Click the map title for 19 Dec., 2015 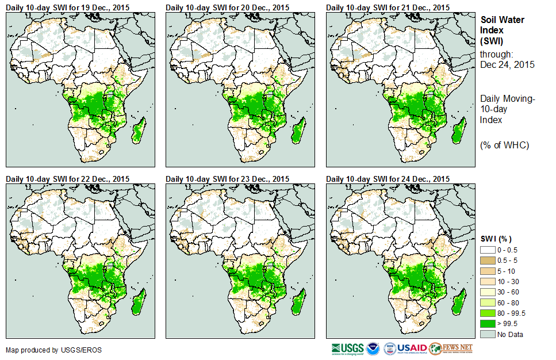click(x=67, y=7)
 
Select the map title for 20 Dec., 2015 click(x=227, y=7)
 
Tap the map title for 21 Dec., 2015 click(x=388, y=7)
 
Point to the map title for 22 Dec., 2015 click(x=67, y=179)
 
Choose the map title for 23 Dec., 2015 click(x=227, y=179)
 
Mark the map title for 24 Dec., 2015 click(x=388, y=179)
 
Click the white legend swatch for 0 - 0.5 click(x=488, y=250)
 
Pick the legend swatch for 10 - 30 click(x=488, y=281)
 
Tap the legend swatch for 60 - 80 click(x=488, y=302)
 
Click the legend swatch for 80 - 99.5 click(x=488, y=313)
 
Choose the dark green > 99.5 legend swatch click(x=488, y=324)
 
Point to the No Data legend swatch click(x=488, y=334)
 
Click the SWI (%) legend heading click(x=496, y=239)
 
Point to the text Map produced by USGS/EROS click(x=40, y=350)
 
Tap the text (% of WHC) click(x=504, y=145)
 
